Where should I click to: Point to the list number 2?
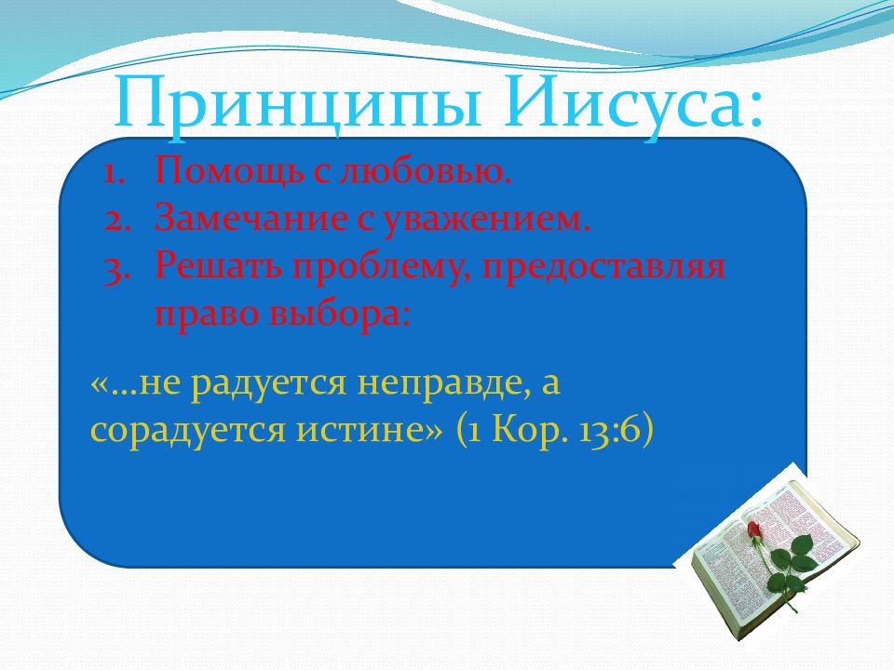pos(118,220)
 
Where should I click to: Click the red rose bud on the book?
pos(753,529)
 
